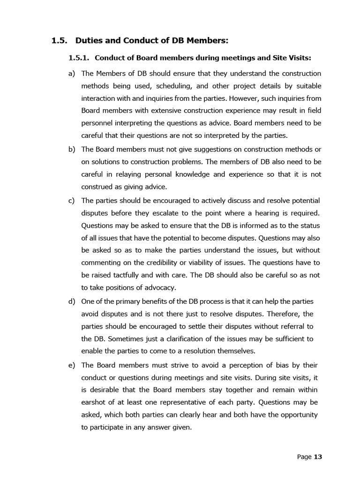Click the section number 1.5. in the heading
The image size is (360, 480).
pyautogui.click(x=60, y=40)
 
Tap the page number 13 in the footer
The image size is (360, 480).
pyautogui.click(x=318, y=457)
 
